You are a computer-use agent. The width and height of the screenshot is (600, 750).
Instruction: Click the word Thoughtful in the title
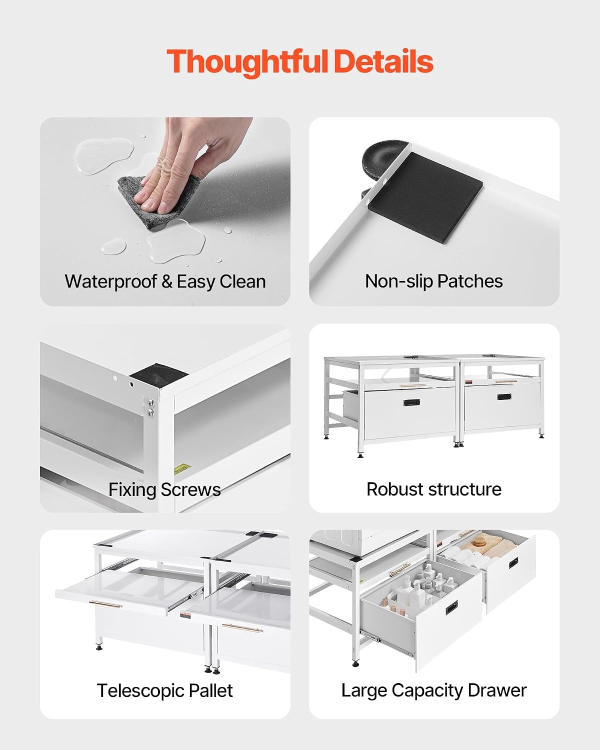tap(247, 62)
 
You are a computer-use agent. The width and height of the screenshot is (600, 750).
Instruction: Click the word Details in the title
tap(383, 61)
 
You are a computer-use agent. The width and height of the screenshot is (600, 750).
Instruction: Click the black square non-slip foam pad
tap(425, 197)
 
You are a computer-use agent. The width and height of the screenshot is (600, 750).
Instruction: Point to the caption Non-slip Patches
tap(433, 281)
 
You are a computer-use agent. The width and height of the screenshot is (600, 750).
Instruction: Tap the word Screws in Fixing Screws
tap(191, 489)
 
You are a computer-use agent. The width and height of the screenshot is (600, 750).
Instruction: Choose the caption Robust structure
tap(433, 489)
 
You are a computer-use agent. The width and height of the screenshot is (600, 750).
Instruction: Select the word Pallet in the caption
tap(211, 690)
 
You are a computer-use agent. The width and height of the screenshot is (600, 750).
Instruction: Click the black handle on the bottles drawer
tap(451, 607)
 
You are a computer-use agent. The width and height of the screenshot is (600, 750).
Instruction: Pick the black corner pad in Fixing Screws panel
tap(158, 375)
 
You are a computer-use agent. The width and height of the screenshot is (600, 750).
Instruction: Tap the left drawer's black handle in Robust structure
tap(411, 402)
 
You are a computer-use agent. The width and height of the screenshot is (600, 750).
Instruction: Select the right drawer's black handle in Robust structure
tap(504, 396)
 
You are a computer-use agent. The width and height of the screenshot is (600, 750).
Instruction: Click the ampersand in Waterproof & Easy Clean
tap(167, 281)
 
